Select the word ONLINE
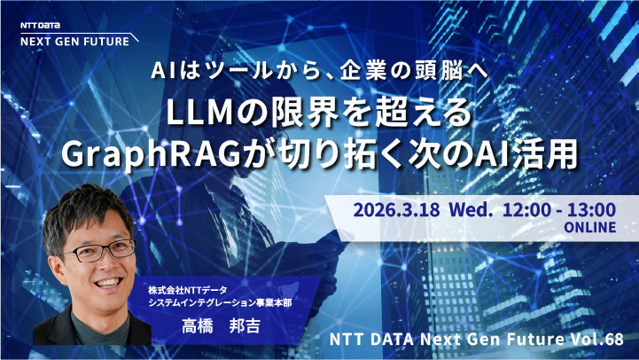pos(590,229)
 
